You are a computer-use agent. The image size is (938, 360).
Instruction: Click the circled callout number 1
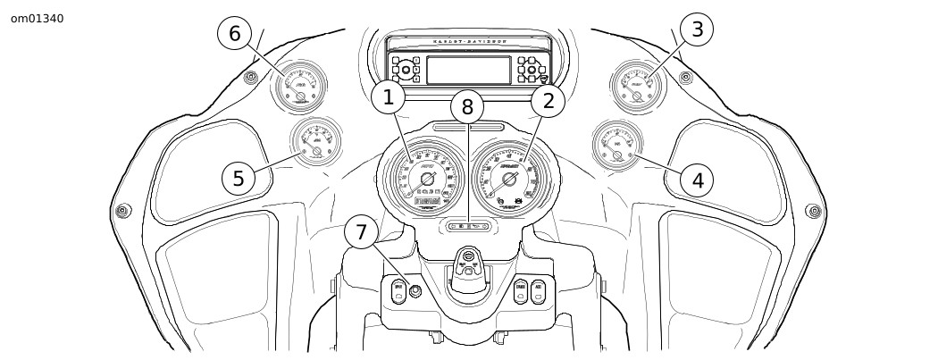(389, 99)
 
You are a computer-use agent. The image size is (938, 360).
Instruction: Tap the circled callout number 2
(548, 100)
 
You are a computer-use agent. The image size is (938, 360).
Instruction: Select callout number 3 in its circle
(698, 29)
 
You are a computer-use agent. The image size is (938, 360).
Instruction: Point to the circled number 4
(697, 180)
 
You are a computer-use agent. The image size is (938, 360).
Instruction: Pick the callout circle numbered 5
(239, 178)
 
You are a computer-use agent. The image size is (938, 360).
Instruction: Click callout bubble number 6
(235, 34)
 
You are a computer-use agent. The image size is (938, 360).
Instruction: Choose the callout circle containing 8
(467, 107)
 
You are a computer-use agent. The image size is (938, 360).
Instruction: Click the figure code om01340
(38, 19)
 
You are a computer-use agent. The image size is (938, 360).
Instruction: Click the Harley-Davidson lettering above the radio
(469, 41)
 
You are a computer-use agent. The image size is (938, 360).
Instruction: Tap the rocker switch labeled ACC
(539, 291)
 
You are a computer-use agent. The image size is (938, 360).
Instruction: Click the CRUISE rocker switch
(520, 291)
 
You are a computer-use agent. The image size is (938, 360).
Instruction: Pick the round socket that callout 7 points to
(415, 290)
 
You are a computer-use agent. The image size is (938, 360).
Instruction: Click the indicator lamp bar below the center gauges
(468, 227)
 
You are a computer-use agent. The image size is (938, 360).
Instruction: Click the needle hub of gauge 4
(616, 155)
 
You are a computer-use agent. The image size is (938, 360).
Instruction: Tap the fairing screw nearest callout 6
(251, 76)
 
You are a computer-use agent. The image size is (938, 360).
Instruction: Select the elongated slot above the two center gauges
(467, 129)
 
